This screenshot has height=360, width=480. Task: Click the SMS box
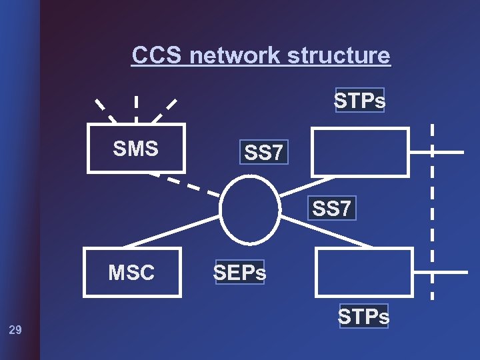click(136, 149)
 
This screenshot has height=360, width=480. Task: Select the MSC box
click(132, 272)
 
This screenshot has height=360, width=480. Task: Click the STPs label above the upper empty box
click(360, 101)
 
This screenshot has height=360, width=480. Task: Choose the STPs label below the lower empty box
click(363, 316)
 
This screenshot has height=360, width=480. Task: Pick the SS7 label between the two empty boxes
click(332, 208)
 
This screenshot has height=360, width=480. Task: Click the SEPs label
click(240, 272)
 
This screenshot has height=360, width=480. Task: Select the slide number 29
click(15, 329)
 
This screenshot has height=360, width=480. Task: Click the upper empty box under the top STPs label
click(361, 152)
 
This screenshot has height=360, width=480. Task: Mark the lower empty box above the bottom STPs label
click(363, 272)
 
